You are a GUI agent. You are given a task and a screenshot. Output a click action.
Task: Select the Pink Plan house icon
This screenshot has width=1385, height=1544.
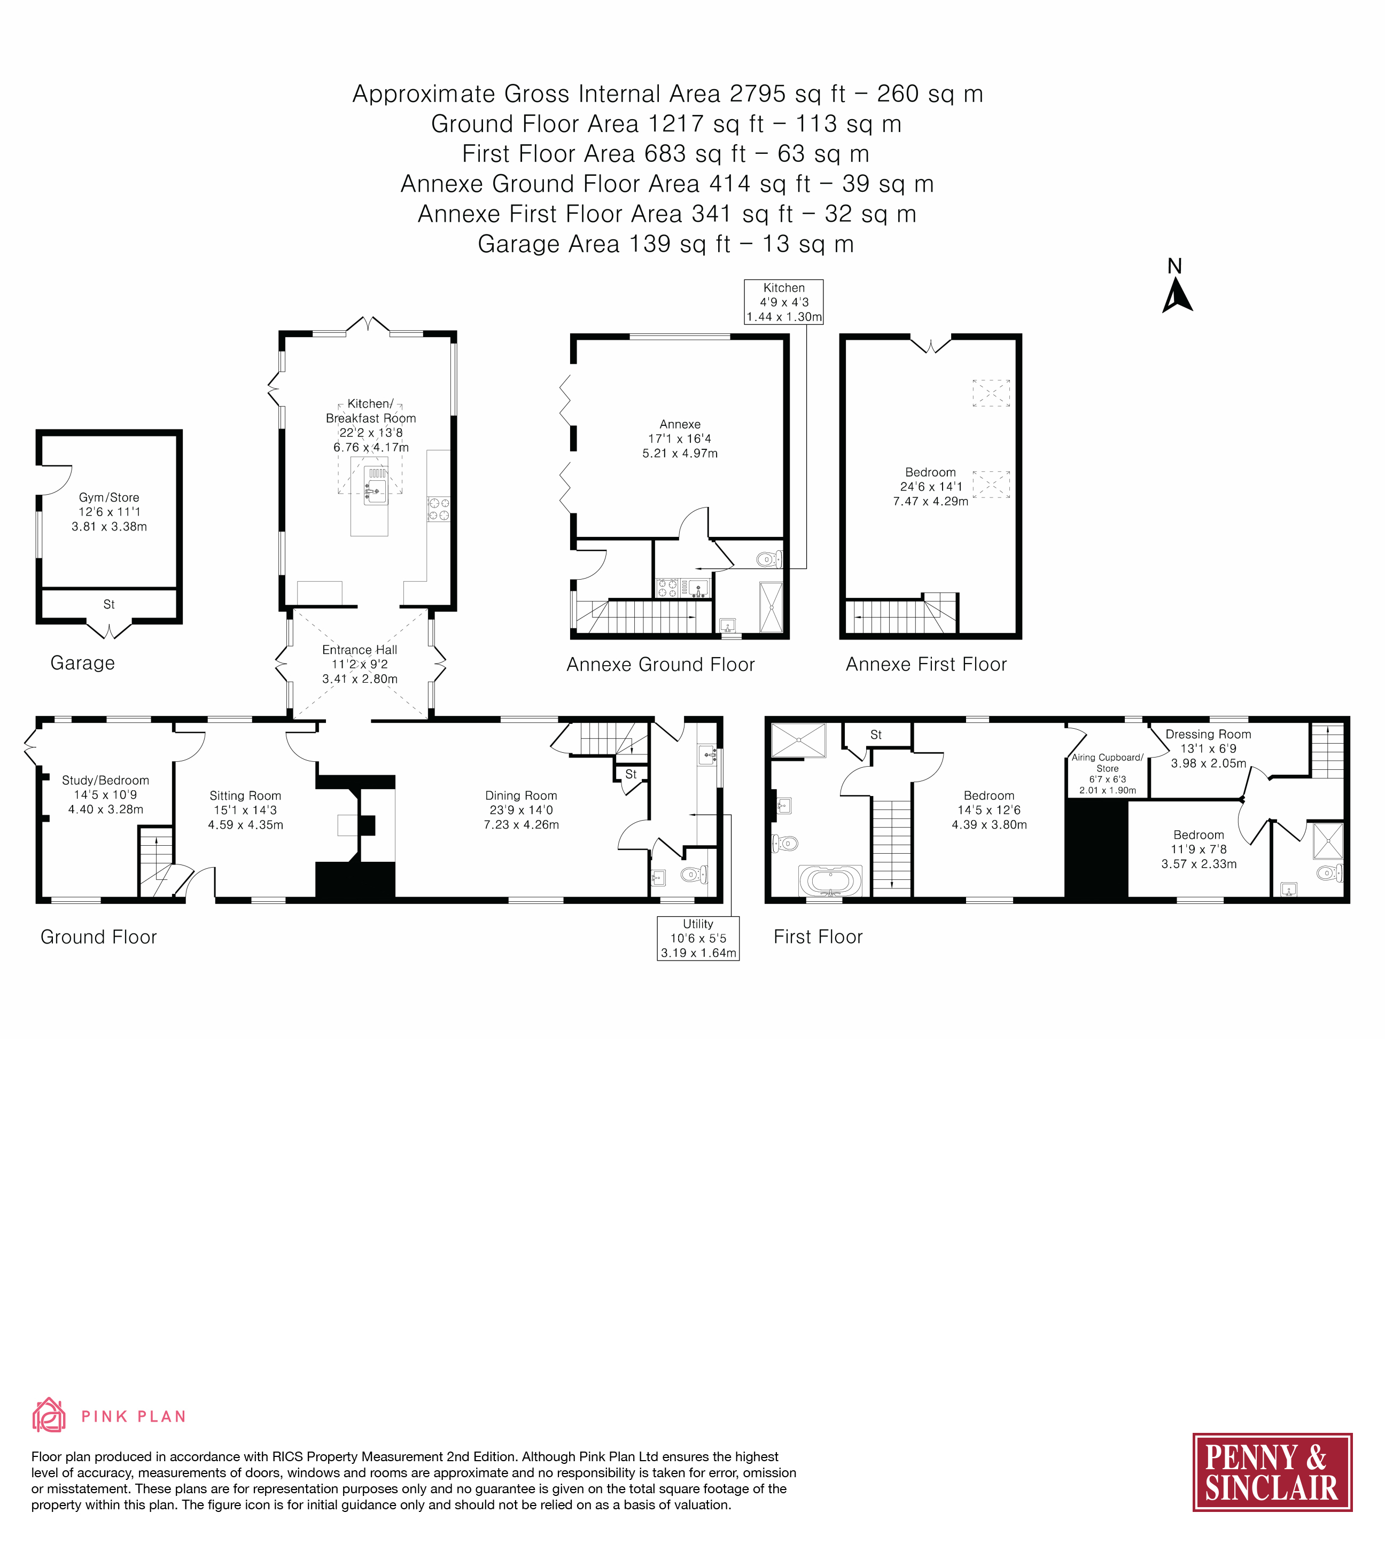point(49,1415)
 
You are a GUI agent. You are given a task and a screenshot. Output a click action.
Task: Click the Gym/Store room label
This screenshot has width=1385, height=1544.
point(109,511)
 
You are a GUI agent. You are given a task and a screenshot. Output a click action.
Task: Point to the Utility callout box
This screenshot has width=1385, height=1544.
point(698,938)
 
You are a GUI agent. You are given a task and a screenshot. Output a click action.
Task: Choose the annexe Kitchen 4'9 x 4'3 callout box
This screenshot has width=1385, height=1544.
point(784,302)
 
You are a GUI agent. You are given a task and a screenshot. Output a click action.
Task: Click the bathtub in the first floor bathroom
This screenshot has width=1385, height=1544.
point(830,881)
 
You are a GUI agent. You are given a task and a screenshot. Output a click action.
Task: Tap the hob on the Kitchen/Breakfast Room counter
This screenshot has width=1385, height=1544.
point(438,509)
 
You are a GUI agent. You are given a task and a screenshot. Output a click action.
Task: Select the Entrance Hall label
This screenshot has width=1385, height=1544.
point(360,664)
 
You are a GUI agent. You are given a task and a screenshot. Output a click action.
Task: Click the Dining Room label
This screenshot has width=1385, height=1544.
point(522,810)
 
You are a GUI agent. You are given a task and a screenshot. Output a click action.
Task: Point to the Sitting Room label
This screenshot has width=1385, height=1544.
point(245,810)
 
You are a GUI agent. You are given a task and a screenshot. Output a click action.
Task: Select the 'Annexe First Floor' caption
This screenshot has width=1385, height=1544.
point(926,664)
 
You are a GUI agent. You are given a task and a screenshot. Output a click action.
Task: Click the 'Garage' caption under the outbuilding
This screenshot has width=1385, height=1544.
point(82,663)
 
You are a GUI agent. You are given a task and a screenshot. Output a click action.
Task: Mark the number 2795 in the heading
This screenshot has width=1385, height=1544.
point(758,93)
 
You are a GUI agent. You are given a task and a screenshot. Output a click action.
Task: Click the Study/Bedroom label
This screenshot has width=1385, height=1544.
point(106,794)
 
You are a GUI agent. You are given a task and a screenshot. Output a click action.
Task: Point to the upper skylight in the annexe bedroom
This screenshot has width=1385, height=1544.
point(991,393)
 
